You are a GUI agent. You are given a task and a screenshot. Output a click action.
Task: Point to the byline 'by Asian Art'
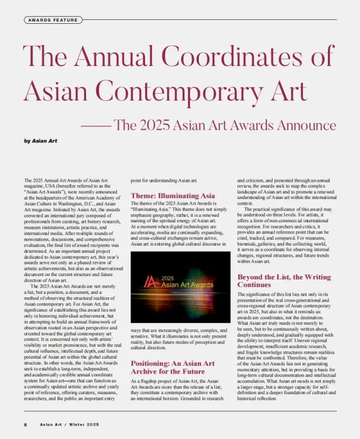point(40,141)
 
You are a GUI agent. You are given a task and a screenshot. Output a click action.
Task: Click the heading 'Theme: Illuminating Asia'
point(172,196)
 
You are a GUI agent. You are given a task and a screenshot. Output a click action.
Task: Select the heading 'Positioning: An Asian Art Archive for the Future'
point(172,367)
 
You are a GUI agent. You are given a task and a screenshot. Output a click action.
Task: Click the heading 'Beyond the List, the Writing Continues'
point(284,280)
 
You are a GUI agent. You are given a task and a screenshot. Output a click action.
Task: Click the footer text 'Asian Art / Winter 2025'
point(69,425)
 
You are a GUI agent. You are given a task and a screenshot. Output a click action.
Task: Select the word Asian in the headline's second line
point(59,91)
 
